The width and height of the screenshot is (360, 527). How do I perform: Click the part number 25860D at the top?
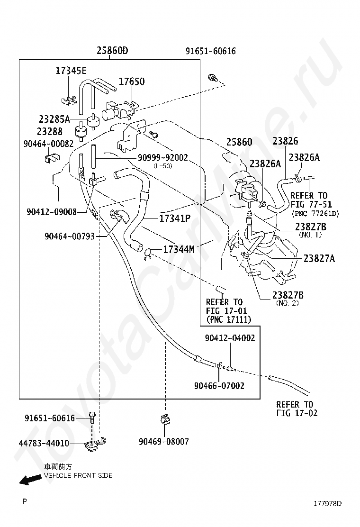pyautogui.click(x=112, y=51)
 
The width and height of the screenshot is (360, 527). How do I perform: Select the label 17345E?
pyautogui.click(x=71, y=71)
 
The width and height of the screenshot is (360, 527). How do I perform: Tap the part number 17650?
pyautogui.click(x=132, y=82)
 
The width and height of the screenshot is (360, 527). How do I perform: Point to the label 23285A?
pyautogui.click(x=54, y=119)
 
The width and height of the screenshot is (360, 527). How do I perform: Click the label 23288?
pyautogui.click(x=50, y=131)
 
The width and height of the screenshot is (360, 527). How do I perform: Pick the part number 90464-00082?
pyautogui.click(x=48, y=144)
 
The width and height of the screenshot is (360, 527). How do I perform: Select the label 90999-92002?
pyautogui.click(x=163, y=157)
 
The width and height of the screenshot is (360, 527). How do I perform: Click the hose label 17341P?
pyautogui.click(x=175, y=218)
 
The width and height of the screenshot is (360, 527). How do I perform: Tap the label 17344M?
pyautogui.click(x=179, y=249)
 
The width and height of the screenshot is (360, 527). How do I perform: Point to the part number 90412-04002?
pyautogui.click(x=230, y=338)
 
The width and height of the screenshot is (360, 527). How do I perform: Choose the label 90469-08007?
pyautogui.click(x=164, y=441)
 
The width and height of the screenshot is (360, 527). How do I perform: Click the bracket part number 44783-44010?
pyautogui.click(x=44, y=443)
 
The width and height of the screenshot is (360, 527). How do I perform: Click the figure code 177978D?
pyautogui.click(x=327, y=503)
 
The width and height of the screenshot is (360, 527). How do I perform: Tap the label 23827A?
pyautogui.click(x=319, y=258)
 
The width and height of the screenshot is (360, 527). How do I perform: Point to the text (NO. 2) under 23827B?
pyautogui.click(x=288, y=303)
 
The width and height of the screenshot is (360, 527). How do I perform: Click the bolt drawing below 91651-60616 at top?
pyautogui.click(x=212, y=78)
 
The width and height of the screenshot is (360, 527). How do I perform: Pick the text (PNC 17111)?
pyautogui.click(x=228, y=319)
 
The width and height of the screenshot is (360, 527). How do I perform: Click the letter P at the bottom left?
pyautogui.click(x=24, y=501)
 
